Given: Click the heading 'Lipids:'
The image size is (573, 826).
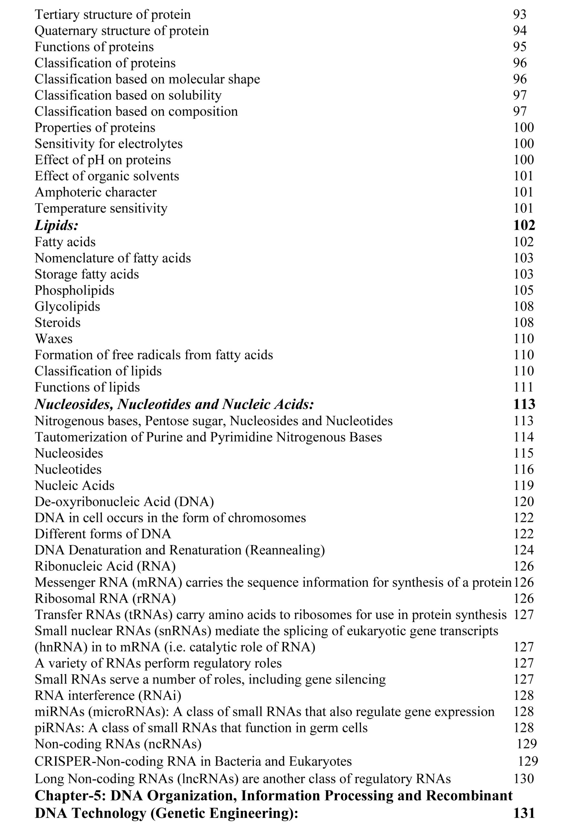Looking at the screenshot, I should [57, 225].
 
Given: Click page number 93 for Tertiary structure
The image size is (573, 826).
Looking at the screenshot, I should [519, 15].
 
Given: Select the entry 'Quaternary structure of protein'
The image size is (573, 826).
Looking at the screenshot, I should [121, 31].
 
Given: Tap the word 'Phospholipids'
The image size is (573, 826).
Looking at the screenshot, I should [74, 290].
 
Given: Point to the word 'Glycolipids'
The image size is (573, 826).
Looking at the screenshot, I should [67, 306].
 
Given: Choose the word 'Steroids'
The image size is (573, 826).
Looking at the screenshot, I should [57, 322].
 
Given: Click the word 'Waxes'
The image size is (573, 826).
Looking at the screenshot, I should [54, 338].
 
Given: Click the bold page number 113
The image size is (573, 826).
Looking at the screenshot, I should [524, 404].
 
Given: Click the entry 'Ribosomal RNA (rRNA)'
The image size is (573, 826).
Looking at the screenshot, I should [105, 599].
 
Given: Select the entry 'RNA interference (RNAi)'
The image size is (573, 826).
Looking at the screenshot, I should [108, 695].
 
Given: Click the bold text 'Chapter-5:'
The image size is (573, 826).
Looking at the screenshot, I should [70, 796].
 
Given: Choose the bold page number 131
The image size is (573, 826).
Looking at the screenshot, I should [524, 813].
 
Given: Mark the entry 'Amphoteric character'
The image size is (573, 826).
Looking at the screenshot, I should [96, 192].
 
